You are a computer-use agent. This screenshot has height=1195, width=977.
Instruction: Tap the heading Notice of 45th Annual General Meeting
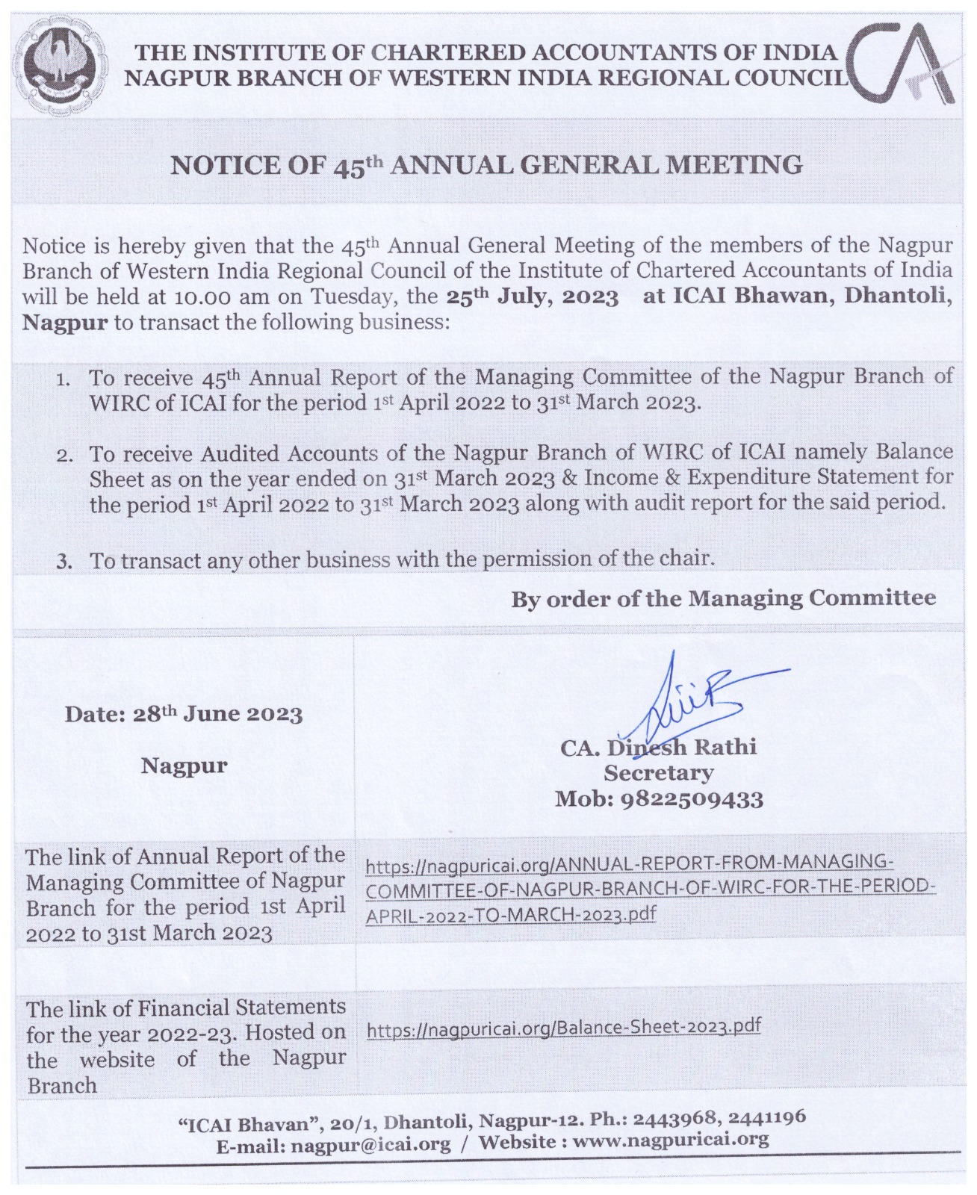pos(486,165)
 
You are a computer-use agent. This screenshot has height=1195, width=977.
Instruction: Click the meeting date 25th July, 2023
pos(533,297)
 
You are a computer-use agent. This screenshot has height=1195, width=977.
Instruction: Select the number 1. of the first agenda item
pos(63,379)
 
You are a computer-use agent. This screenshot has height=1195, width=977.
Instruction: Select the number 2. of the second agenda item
pos(63,455)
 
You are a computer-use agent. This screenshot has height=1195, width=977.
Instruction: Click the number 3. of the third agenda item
pos(64,561)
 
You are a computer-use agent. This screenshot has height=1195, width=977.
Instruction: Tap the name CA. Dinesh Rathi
pos(658,747)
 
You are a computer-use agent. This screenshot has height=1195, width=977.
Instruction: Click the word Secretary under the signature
pos(658,772)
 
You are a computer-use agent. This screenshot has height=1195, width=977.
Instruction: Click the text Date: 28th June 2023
pos(184,714)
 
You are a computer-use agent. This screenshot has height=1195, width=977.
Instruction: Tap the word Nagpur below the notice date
pos(184,766)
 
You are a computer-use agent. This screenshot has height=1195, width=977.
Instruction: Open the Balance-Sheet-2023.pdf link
pos(564,1028)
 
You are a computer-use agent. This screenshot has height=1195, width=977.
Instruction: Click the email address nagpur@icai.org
pos(370,1143)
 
